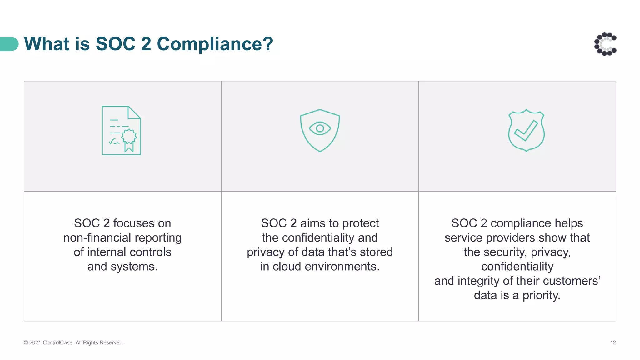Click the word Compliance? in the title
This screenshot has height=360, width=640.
[215, 44]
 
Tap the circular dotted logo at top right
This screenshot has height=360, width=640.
[605, 44]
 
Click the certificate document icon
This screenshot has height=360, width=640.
[121, 130]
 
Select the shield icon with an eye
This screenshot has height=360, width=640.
[320, 130]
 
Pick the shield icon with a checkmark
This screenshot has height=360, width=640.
[526, 131]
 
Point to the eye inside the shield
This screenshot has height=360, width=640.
[320, 128]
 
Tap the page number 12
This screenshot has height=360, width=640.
[613, 342]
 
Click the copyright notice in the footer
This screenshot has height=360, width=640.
[74, 342]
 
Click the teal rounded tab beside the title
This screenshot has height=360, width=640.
[9, 44]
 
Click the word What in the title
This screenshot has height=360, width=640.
[47, 44]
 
